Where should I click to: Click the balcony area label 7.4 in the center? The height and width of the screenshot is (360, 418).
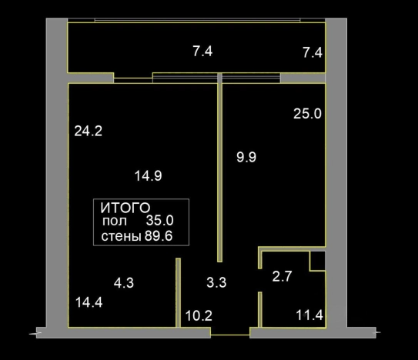tap(202, 52)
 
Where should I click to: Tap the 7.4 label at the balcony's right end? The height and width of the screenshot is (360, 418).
tap(313, 52)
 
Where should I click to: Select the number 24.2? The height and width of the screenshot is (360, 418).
tap(89, 131)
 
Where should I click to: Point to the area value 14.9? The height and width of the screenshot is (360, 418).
tap(149, 176)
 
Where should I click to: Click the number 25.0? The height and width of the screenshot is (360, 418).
tap(307, 114)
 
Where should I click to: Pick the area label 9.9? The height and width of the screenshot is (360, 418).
tap(246, 157)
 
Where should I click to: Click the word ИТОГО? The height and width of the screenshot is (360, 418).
tap(125, 208)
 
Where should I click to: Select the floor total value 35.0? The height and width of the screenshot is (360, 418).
tap(159, 220)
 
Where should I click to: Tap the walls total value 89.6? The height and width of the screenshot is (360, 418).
tap(159, 236)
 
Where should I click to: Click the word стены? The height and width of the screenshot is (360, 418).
tap(121, 236)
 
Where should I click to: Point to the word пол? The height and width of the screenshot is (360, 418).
tap(115, 222)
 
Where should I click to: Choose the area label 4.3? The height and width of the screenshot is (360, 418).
tap(124, 283)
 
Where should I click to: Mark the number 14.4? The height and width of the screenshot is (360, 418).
tap(89, 302)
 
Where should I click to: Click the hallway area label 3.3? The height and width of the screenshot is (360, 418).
tap(216, 282)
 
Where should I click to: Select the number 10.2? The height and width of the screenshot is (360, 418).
tap(199, 315)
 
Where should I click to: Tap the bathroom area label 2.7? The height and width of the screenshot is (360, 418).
tap(282, 276)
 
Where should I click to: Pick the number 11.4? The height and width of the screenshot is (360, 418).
tap(309, 315)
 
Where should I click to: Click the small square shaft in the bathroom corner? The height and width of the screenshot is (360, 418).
tap(317, 261)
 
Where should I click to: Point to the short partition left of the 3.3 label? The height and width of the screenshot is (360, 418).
tap(178, 292)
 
